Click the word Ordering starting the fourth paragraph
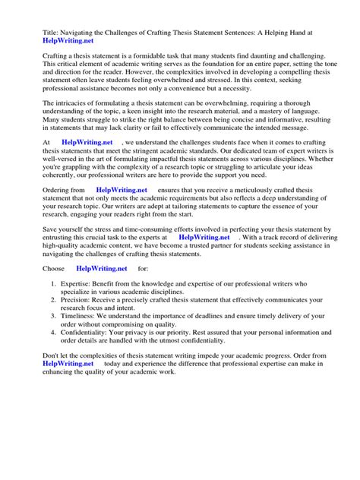click(x=39, y=190)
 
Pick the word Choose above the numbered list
click(x=37, y=268)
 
